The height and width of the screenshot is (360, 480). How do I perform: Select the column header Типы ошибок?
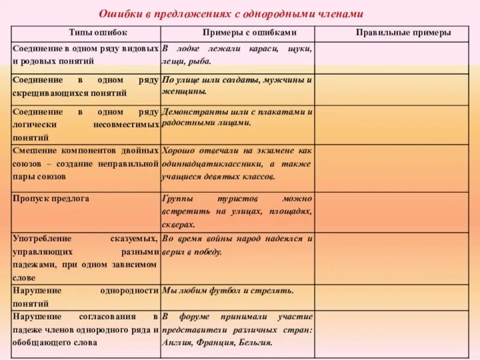pos(86,33)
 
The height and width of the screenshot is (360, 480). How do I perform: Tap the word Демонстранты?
pos(190,112)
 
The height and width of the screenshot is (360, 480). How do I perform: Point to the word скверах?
pos(178,224)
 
